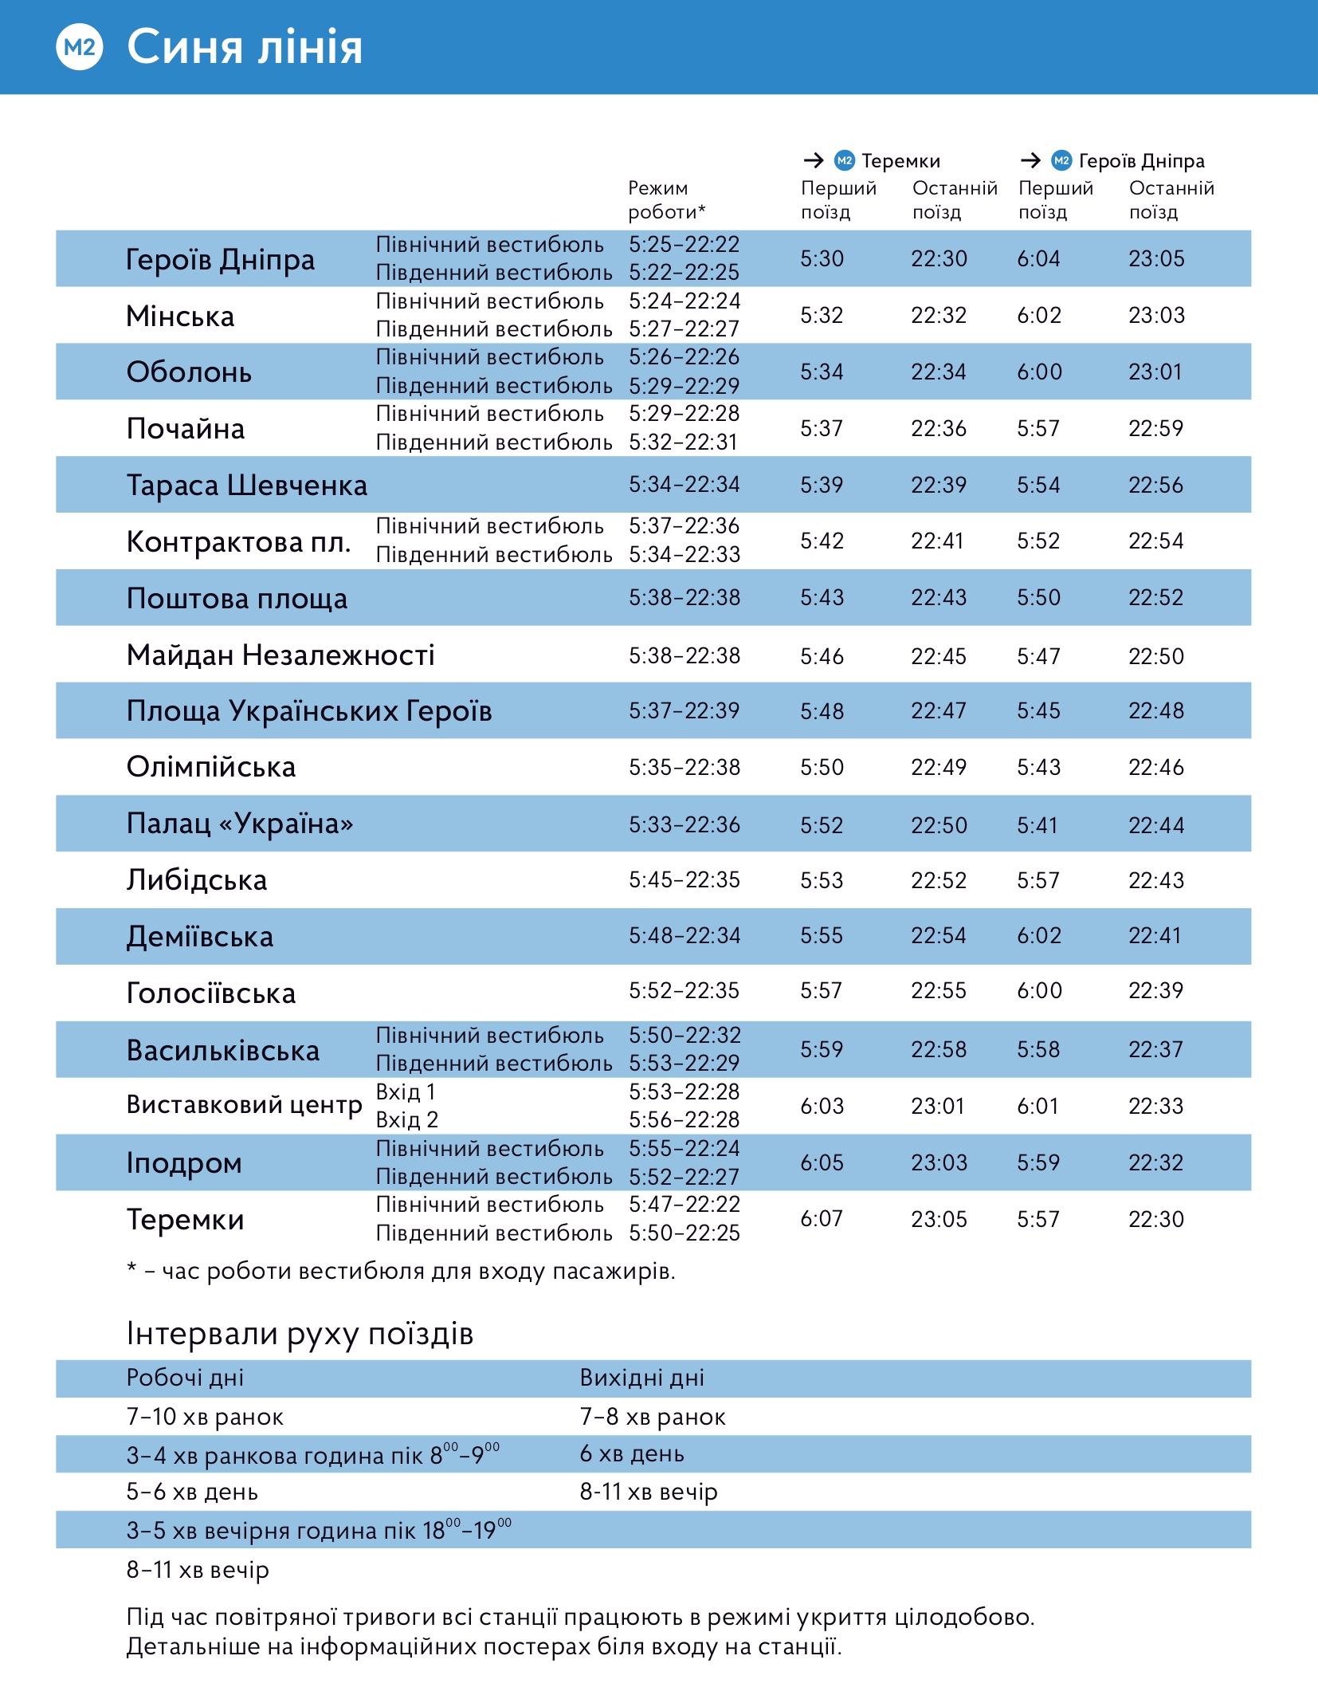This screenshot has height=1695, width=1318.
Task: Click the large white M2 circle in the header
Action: (x=80, y=47)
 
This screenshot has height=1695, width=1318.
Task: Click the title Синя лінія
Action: (x=245, y=47)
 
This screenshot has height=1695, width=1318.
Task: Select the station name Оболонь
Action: (x=189, y=372)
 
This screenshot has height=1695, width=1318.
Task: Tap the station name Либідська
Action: (x=197, y=880)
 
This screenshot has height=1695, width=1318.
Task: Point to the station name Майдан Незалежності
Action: (x=280, y=655)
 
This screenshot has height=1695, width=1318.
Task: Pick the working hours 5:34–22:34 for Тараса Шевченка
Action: (x=684, y=485)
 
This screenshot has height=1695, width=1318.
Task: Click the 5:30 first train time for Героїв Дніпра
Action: (x=822, y=259)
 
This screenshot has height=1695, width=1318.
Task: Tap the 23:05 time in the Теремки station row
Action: (x=939, y=1220)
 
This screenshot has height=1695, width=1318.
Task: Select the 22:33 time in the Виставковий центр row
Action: (x=1155, y=1107)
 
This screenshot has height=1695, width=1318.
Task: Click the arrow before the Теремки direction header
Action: (x=813, y=161)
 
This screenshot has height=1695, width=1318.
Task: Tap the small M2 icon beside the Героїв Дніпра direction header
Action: (x=1061, y=161)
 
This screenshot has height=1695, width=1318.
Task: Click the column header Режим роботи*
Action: (x=666, y=200)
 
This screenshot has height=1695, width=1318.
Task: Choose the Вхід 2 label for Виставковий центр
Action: (x=406, y=1120)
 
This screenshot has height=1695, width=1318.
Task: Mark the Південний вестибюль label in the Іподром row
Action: (x=494, y=1177)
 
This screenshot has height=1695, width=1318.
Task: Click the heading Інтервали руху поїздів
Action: (x=300, y=1334)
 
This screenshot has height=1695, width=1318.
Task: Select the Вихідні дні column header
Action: (x=641, y=1378)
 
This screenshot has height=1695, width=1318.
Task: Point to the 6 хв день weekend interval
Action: (x=632, y=1454)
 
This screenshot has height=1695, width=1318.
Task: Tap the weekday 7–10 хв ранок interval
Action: (x=205, y=1418)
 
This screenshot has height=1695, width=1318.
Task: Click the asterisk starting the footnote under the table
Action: (x=131, y=1268)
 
